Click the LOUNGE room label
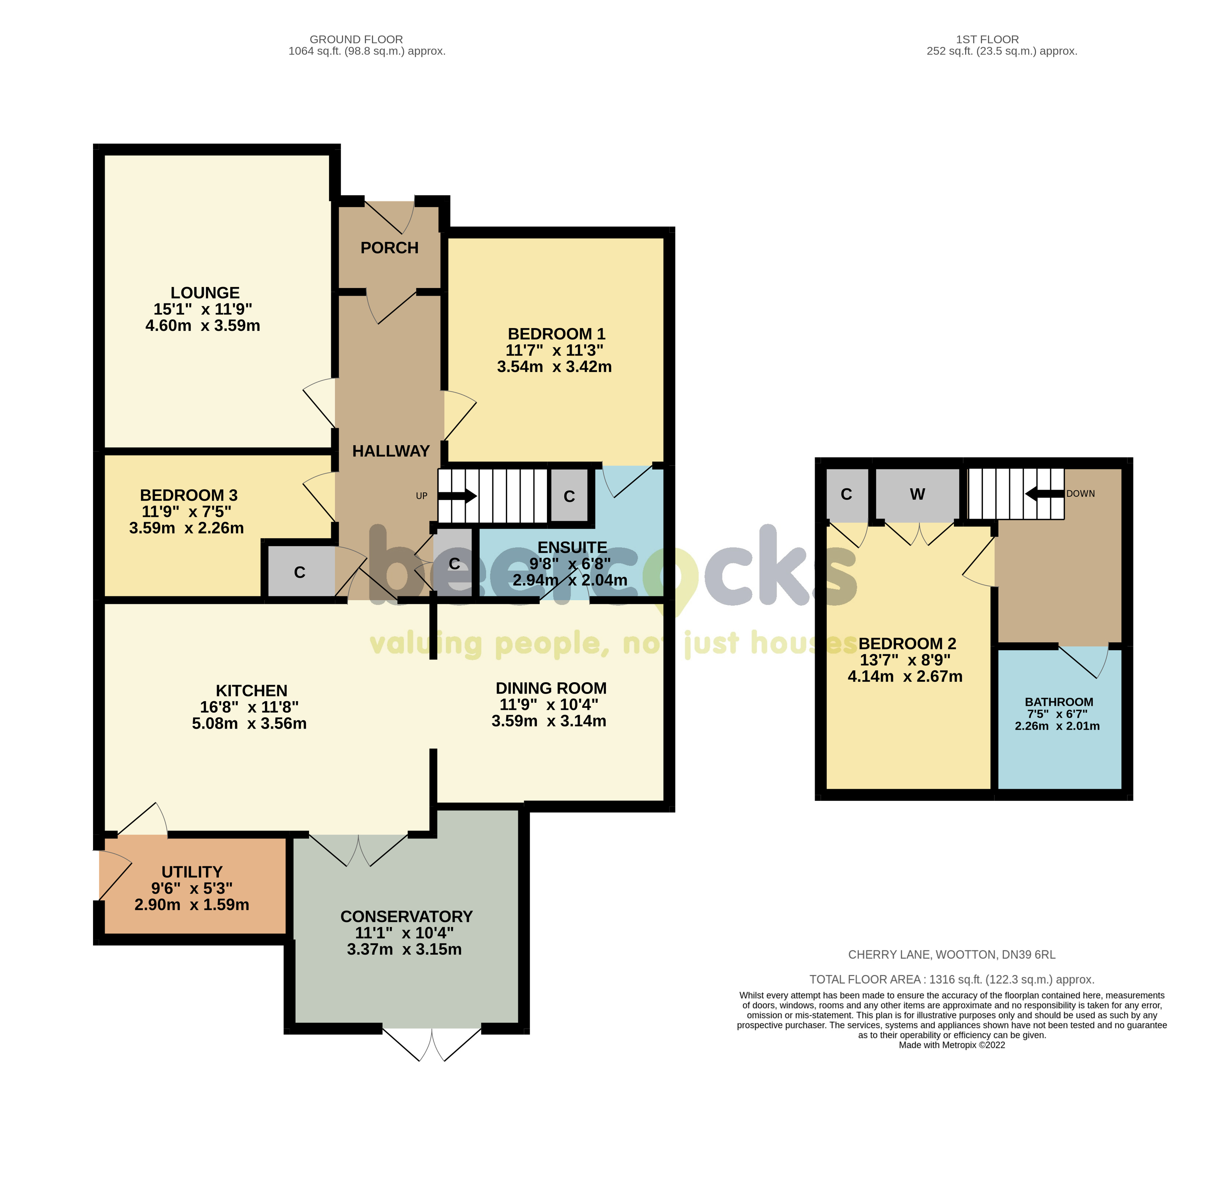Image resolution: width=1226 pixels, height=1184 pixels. (205, 293)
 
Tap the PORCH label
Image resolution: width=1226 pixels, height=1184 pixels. (389, 248)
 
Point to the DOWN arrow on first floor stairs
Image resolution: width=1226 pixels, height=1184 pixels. (1045, 494)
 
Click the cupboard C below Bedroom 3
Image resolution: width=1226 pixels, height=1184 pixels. (300, 572)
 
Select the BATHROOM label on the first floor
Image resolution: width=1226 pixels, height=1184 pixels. (1059, 702)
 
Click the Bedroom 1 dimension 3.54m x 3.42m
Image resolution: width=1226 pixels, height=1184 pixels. (554, 367)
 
